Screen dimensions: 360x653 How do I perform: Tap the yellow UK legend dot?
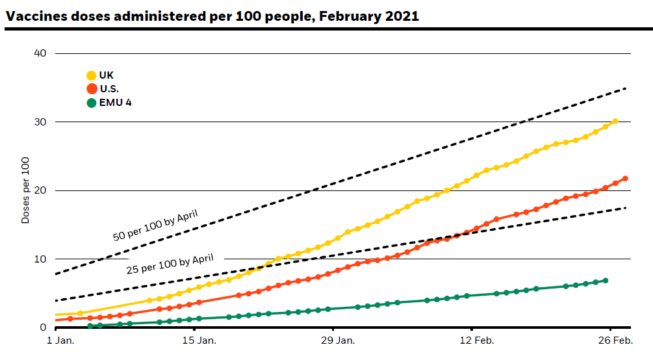pos(92,76)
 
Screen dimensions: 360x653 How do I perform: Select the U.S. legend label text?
pos(109,89)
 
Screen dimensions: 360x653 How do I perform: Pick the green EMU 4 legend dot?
pos(92,103)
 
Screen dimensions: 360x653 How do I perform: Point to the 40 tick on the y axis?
pos(39,53)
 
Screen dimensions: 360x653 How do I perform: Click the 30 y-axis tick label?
pos(39,122)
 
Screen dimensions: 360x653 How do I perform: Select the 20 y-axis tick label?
pos(39,190)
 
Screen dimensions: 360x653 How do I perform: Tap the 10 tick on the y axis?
pos(39,259)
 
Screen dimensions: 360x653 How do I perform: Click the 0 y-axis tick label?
pos(43,328)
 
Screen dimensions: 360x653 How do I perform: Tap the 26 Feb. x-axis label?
pos(614,341)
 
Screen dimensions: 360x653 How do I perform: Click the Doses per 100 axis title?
pos(25,191)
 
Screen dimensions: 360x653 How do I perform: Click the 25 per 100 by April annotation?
pos(170,264)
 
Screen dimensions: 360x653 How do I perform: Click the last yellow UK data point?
pos(615,122)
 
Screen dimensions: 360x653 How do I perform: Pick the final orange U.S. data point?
pos(625,179)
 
